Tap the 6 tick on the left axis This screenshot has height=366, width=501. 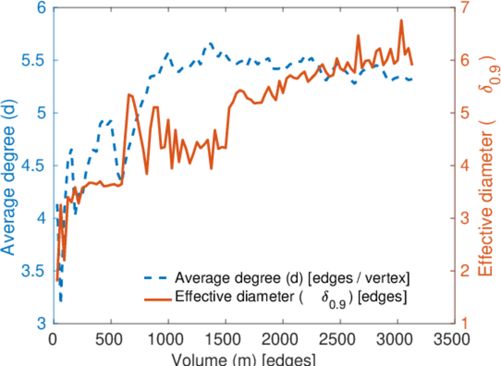pos(41,9)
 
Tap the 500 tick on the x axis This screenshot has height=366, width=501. pos(110,339)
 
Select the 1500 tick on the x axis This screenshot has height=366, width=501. pos(225,339)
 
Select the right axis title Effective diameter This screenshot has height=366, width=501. pos(486,165)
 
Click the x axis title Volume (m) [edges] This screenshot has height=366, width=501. pos(243,359)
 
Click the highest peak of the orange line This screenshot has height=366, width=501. pos(402,20)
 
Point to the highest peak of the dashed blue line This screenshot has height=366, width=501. pos(210,43)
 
